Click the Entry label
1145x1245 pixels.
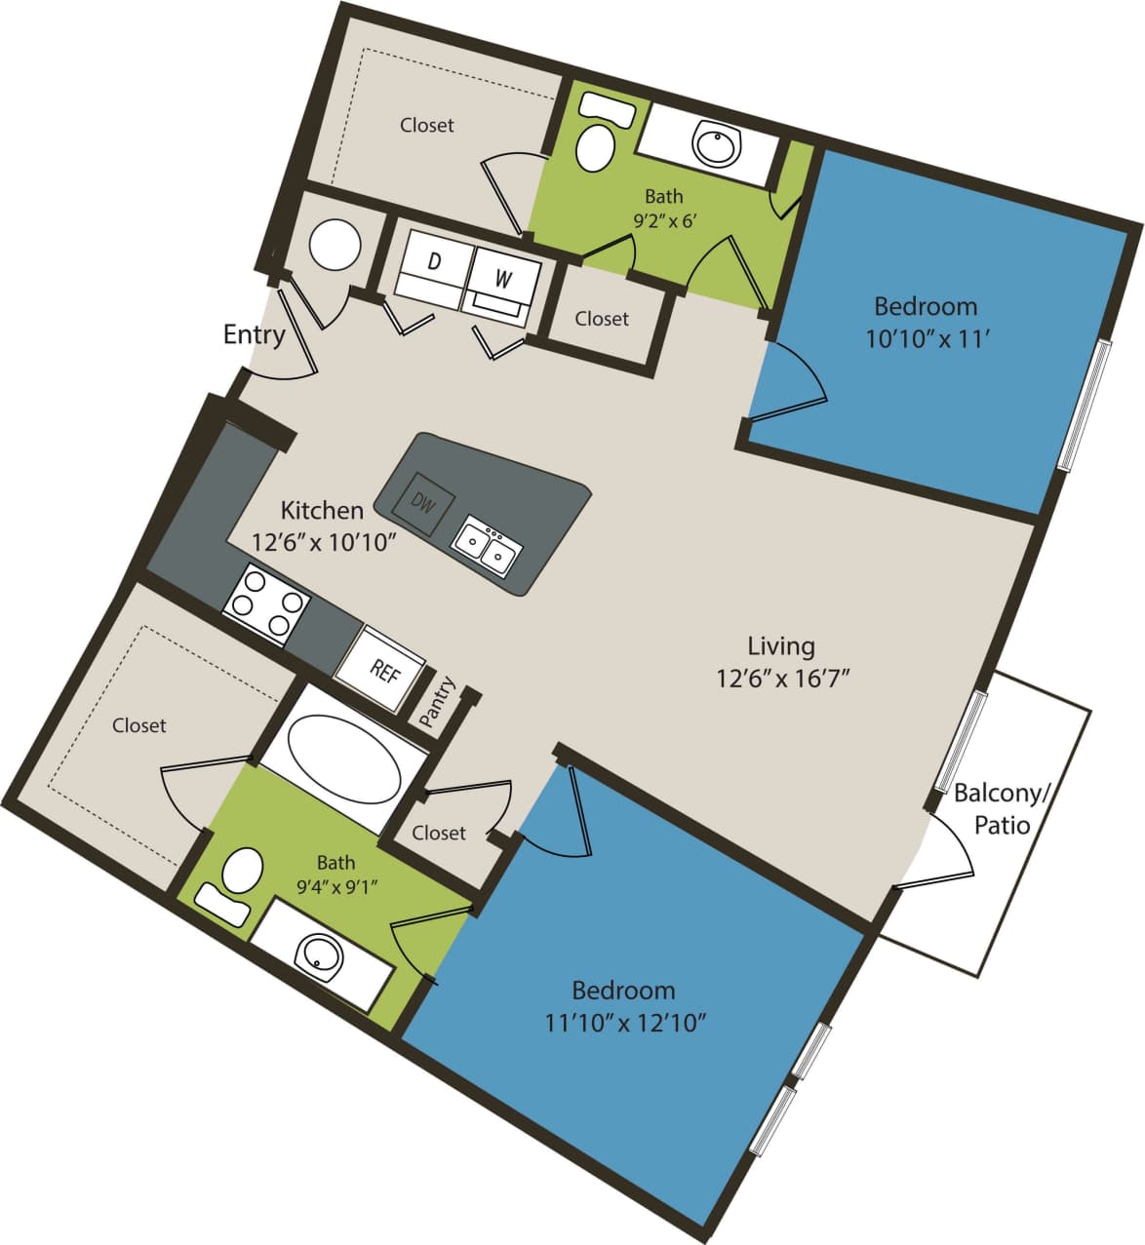(254, 334)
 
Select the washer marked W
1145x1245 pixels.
(502, 278)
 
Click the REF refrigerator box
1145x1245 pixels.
(382, 668)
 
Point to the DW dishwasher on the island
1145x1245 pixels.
(421, 503)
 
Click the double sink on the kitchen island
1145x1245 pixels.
(487, 545)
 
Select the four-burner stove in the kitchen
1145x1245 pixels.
(265, 603)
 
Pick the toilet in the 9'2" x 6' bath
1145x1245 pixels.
(595, 144)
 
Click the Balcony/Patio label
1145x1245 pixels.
(1002, 808)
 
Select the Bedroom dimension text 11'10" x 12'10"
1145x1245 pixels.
(624, 1023)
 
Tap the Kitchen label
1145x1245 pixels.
(322, 510)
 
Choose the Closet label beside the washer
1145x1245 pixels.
(602, 319)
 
